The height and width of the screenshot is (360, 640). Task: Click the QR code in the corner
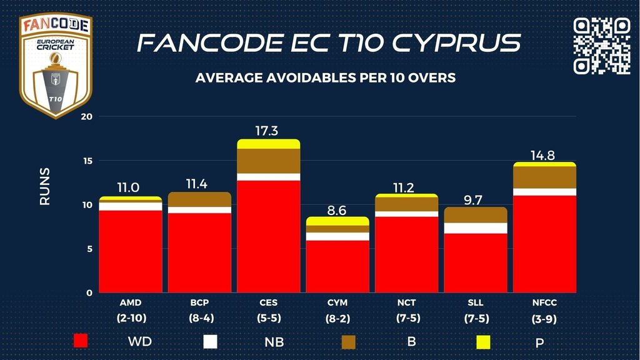pyautogui.click(x=602, y=46)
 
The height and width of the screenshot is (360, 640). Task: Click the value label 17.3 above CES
pyautogui.click(x=268, y=131)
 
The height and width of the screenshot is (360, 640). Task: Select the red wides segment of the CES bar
pyautogui.click(x=268, y=236)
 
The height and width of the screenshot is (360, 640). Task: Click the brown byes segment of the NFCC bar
pyautogui.click(x=544, y=177)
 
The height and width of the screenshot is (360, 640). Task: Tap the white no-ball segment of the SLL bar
pyautogui.click(x=476, y=228)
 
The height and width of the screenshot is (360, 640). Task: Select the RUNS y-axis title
pyautogui.click(x=45, y=186)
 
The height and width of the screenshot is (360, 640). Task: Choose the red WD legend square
pyautogui.click(x=81, y=341)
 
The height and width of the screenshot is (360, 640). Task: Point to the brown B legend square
pyautogui.click(x=348, y=341)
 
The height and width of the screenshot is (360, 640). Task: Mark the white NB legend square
pyautogui.click(x=211, y=341)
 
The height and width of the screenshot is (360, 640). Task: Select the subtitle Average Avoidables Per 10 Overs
pyautogui.click(x=325, y=78)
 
